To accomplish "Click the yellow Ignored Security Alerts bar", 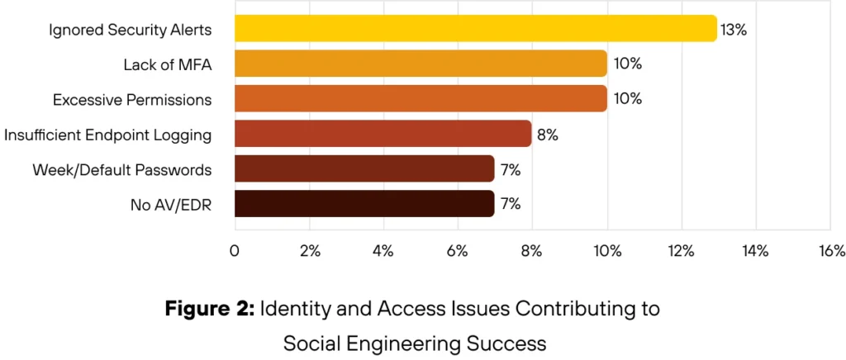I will click(x=475, y=29).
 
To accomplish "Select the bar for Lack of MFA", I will click(x=421, y=64).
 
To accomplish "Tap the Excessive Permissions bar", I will click(x=421, y=98).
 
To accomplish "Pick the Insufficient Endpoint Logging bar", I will click(x=383, y=133).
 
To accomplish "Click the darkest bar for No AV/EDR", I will click(x=364, y=203).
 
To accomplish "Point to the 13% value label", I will click(x=734, y=30).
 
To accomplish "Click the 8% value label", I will click(x=548, y=134).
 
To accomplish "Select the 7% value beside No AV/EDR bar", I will click(x=510, y=204).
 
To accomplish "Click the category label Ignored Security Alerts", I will click(x=131, y=30).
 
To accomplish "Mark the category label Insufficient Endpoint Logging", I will click(x=108, y=134).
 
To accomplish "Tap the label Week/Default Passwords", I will click(x=122, y=169).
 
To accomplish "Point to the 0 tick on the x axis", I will click(x=235, y=251).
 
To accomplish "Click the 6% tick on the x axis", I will click(x=457, y=251).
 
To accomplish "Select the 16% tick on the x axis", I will click(x=830, y=251).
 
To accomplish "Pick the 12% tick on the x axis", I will click(x=681, y=251).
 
